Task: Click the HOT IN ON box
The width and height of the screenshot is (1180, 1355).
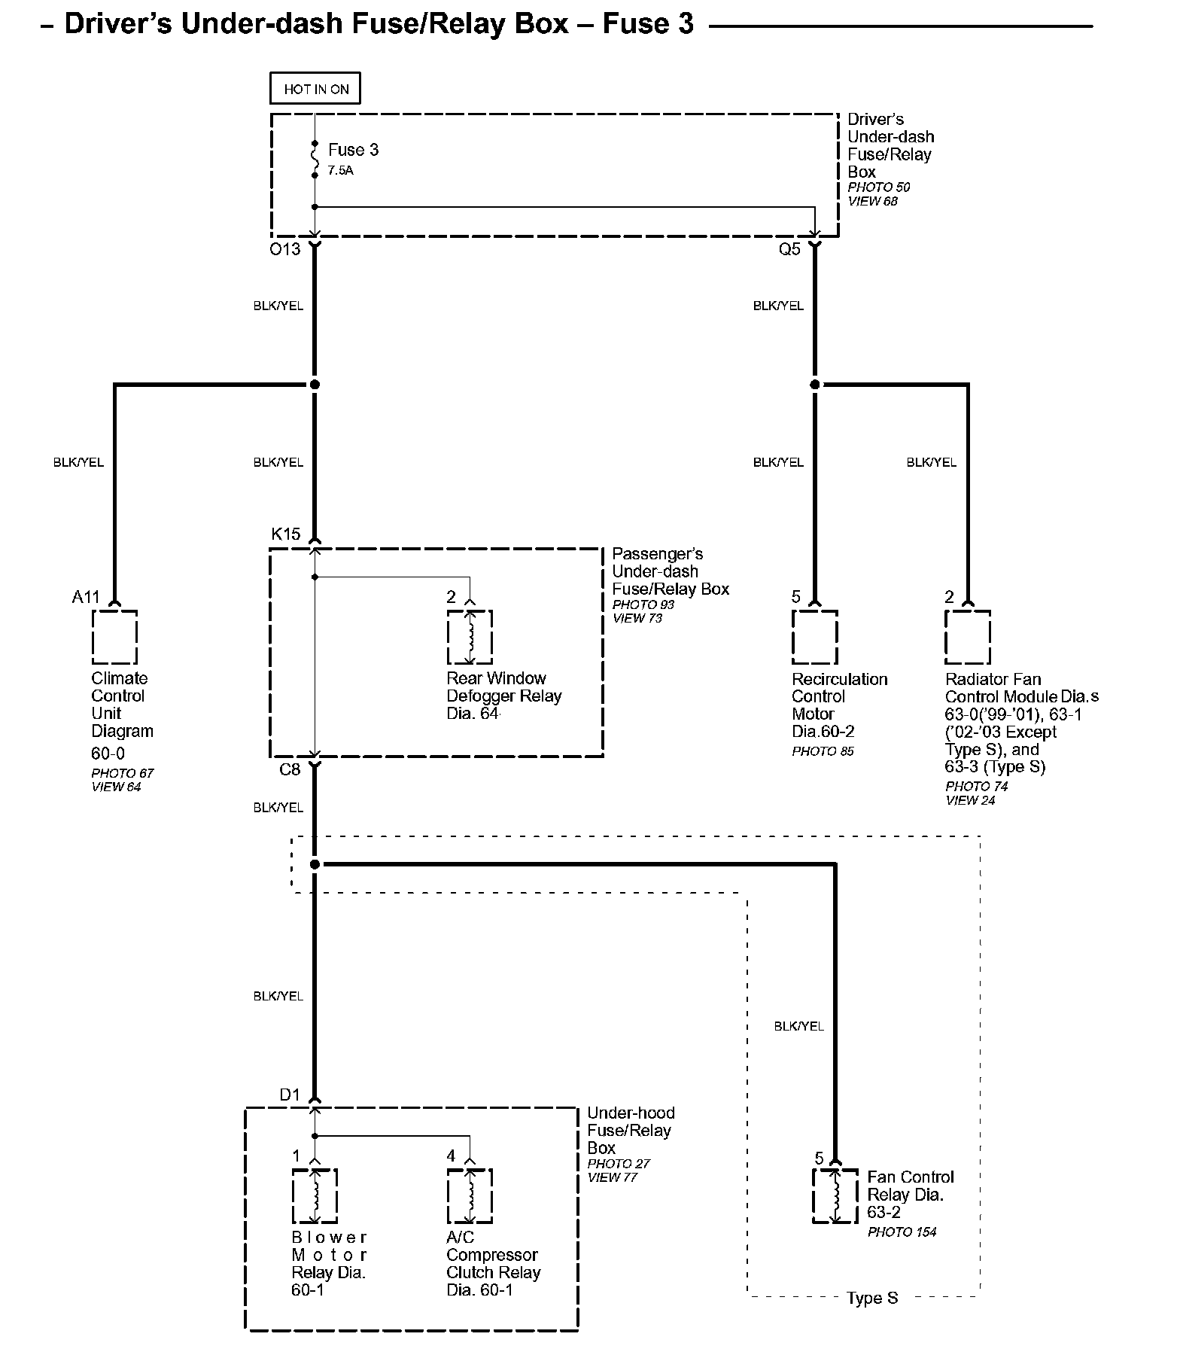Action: click(315, 89)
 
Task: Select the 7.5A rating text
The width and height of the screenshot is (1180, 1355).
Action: click(340, 171)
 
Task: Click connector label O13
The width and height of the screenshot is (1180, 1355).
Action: click(285, 249)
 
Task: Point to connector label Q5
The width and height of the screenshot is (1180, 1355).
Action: click(789, 249)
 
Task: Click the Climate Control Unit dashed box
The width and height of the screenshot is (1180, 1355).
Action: click(115, 638)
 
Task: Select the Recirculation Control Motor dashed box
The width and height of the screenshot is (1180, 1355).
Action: click(815, 638)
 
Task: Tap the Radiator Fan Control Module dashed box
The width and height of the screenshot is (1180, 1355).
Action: click(968, 638)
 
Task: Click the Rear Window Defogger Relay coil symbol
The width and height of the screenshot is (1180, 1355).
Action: click(470, 638)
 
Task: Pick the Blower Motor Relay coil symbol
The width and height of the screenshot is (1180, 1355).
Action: click(315, 1196)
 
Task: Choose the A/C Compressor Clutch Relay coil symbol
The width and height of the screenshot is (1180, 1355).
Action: click(470, 1196)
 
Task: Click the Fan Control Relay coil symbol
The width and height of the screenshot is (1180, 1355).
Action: click(835, 1196)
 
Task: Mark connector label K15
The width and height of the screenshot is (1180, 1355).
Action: click(286, 534)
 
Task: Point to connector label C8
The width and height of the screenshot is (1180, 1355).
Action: click(290, 769)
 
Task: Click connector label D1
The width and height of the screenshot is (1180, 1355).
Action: click(290, 1095)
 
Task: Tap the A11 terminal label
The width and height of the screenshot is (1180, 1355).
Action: click(86, 597)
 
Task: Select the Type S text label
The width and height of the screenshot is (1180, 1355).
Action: click(872, 1299)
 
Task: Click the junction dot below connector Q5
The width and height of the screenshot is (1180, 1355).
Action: click(814, 385)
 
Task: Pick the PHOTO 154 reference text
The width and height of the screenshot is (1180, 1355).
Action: click(902, 1232)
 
